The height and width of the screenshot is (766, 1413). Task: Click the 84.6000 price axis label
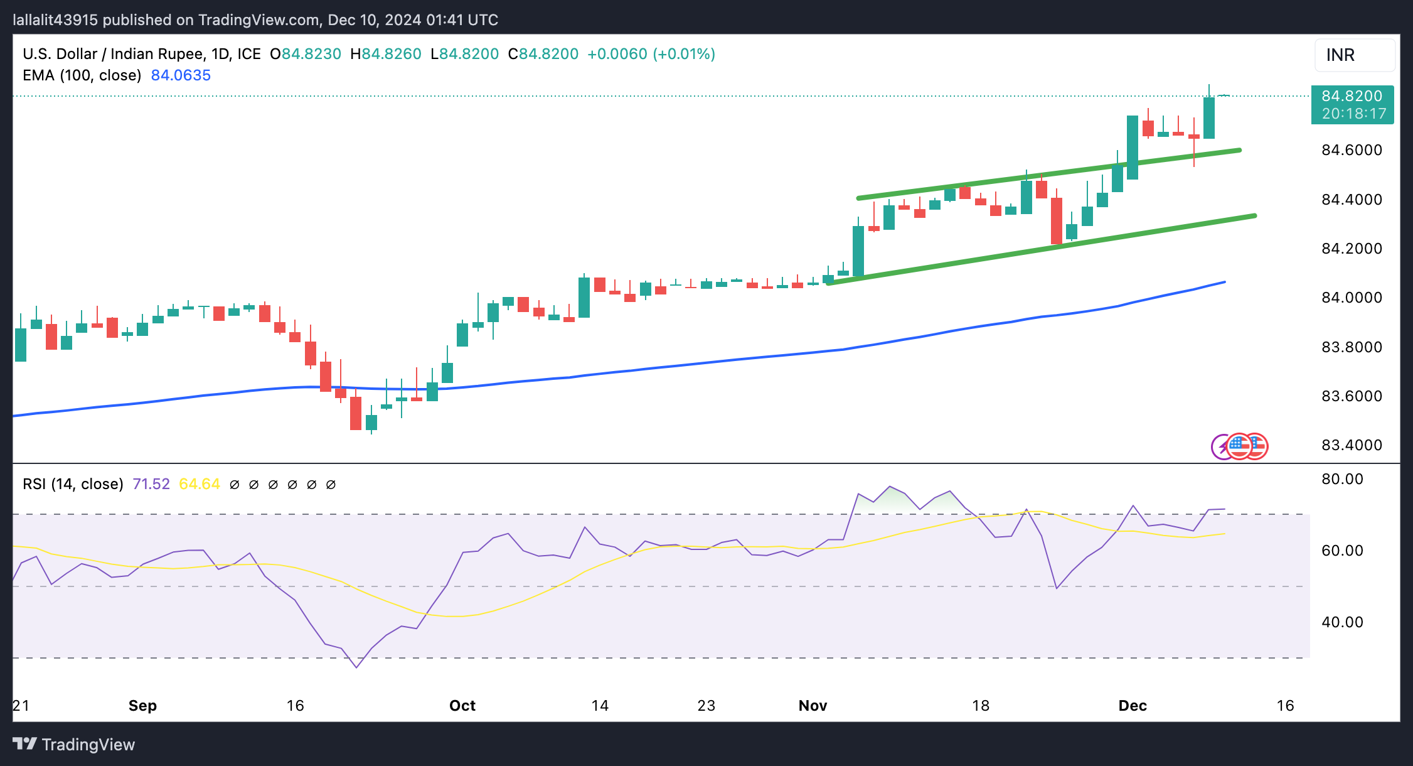pyautogui.click(x=1352, y=150)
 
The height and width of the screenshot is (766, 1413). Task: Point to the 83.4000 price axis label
pyautogui.click(x=1352, y=445)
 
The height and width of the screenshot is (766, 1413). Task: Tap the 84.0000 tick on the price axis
pyautogui.click(x=1352, y=298)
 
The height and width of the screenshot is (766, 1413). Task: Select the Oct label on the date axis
pyautogui.click(x=462, y=706)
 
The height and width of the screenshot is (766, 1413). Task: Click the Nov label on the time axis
pyautogui.click(x=813, y=706)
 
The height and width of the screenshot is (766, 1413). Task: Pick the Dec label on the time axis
pyautogui.click(x=1133, y=706)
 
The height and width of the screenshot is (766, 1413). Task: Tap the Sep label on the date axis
pyautogui.click(x=142, y=706)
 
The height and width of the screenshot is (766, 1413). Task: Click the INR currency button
pyautogui.click(x=1354, y=55)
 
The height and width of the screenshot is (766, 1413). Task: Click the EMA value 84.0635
pyautogui.click(x=181, y=75)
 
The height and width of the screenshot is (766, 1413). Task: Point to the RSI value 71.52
pyautogui.click(x=151, y=484)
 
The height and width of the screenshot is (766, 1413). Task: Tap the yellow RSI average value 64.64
pyautogui.click(x=200, y=484)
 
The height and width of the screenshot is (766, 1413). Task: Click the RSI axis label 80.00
pyautogui.click(x=1342, y=479)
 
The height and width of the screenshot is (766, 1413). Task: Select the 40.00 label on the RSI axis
pyautogui.click(x=1342, y=622)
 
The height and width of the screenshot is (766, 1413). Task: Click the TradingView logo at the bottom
pyautogui.click(x=73, y=745)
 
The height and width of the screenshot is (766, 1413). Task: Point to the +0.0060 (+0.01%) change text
pyautogui.click(x=651, y=54)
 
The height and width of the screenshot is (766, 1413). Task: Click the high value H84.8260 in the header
pyautogui.click(x=385, y=54)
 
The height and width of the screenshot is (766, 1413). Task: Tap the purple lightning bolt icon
pyautogui.click(x=1221, y=447)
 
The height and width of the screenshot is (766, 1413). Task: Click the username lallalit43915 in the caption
pyautogui.click(x=55, y=20)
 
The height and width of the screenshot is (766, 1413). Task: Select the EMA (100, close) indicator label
pyautogui.click(x=82, y=75)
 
